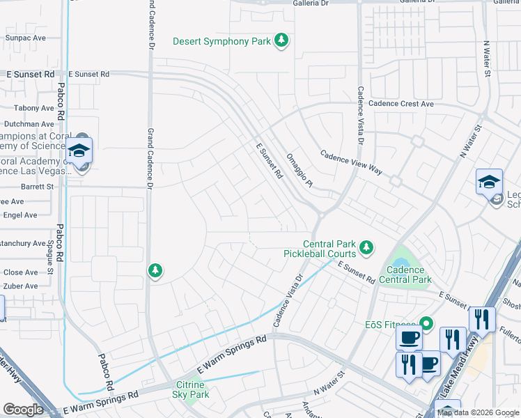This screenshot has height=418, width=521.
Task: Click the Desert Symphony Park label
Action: (x=221, y=41)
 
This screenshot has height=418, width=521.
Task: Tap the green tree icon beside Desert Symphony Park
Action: (x=281, y=41)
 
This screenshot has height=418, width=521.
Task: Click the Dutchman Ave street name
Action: (x=29, y=124)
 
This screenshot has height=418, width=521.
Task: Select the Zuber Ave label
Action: (x=21, y=286)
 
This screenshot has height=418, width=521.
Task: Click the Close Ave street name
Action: (x=21, y=272)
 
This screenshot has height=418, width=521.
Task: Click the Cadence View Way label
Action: (x=352, y=162)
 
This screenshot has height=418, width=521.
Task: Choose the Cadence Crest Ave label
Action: (x=401, y=104)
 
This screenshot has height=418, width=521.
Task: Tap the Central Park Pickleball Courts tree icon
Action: (x=366, y=247)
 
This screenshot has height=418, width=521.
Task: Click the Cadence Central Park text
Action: (x=405, y=274)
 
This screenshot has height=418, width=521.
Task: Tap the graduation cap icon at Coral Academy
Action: (x=79, y=150)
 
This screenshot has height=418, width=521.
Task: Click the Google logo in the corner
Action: (x=23, y=410)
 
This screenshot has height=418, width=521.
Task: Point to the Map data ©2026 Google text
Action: (x=478, y=412)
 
